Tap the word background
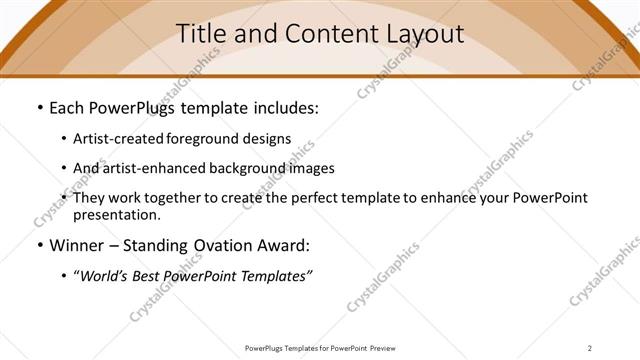tap(243, 168)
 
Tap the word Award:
tap(285, 245)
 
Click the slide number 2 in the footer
tap(590, 348)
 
